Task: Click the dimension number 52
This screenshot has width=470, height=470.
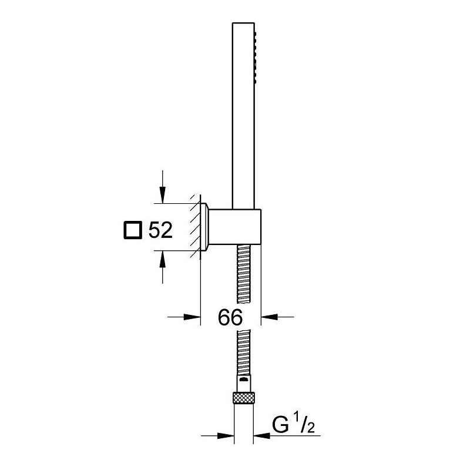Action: [x=160, y=230]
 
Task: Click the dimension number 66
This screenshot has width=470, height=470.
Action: [x=230, y=317]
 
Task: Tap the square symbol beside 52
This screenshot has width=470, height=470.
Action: [x=133, y=230]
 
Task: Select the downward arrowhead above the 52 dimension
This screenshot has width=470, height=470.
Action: [x=163, y=194]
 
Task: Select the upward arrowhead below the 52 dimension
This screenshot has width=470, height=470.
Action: [x=163, y=259]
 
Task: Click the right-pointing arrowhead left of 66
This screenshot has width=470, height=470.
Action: [x=192, y=317]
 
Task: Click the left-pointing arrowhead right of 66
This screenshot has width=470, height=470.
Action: [x=270, y=317]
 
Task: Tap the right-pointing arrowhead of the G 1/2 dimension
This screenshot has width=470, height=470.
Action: [x=226, y=435]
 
